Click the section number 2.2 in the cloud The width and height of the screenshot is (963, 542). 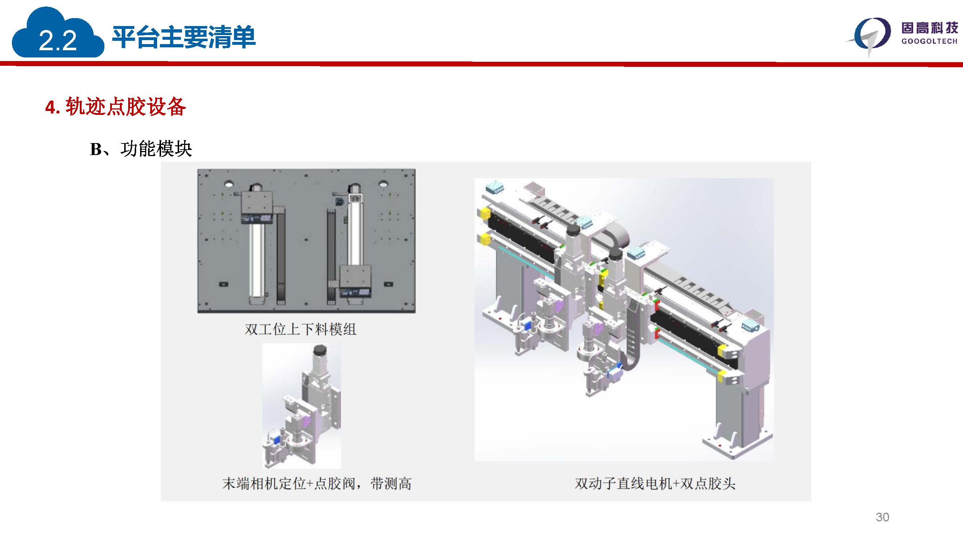tap(57, 40)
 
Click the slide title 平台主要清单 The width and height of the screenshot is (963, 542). tap(183, 37)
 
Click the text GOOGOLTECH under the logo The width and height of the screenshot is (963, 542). tap(929, 41)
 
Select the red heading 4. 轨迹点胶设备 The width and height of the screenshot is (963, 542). tap(116, 107)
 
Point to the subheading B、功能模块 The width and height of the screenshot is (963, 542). tap(141, 149)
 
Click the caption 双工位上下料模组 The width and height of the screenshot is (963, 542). tap(300, 329)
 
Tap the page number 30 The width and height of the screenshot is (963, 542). tap(882, 517)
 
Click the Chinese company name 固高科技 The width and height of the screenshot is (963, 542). tap(929, 28)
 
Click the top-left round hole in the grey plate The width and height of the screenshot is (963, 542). tap(229, 184)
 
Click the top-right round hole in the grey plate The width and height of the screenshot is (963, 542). tap(383, 184)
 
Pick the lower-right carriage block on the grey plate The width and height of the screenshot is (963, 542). tap(355, 281)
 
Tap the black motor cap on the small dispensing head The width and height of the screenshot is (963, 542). tap(320, 350)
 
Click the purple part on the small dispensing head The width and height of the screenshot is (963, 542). tap(307, 422)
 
